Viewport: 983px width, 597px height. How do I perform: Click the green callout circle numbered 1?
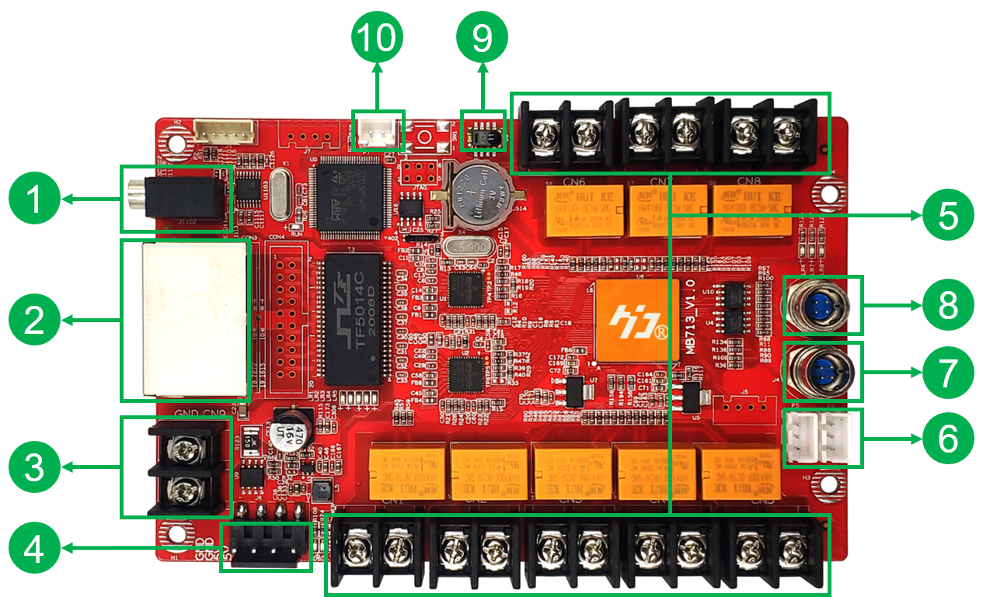pos(34,200)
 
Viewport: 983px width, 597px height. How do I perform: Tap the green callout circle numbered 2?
pos(34,320)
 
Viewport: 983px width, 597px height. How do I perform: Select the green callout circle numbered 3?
pos(34,468)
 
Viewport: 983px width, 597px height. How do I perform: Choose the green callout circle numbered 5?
pos(948,214)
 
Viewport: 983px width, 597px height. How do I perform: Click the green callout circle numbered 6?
pos(948,439)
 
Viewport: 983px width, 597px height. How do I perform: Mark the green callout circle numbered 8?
pos(948,304)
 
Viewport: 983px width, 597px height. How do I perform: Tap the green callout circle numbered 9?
pos(482,36)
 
